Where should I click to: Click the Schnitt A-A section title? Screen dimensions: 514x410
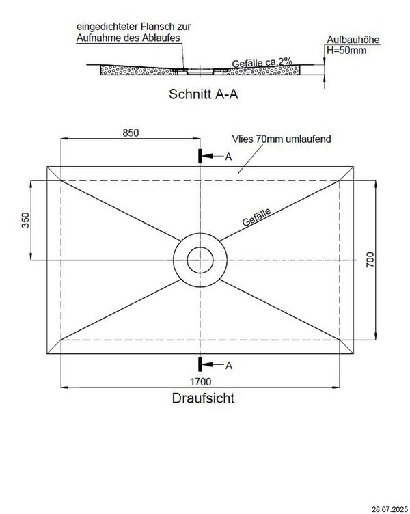[x=203, y=95]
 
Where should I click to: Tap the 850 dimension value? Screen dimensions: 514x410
[x=131, y=133]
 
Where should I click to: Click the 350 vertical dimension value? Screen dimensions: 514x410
[x=23, y=220]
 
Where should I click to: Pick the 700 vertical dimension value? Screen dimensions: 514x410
[x=370, y=260]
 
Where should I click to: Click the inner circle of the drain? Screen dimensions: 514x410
[x=200, y=260]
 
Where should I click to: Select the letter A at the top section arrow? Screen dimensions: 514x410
[x=228, y=157]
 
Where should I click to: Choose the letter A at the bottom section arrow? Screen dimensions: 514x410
[x=228, y=366]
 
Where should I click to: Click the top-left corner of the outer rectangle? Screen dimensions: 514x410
[x=48, y=166]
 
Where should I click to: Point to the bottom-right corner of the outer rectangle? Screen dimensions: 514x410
[x=353, y=354]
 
